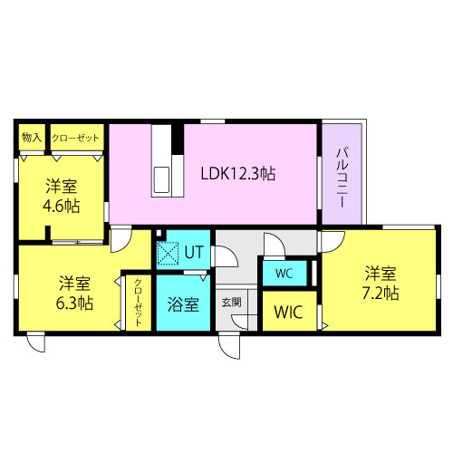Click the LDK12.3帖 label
click(238, 173)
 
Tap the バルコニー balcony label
click(342, 178)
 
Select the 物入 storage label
click(32, 138)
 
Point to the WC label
click(284, 274)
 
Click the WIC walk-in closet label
click(288, 312)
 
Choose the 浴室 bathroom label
click(183, 304)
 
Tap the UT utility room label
click(194, 252)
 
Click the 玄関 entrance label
click(231, 303)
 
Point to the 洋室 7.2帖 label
click(381, 283)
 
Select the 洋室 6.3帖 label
click(74, 293)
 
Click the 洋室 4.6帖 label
click(62, 196)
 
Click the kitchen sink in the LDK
click(161, 180)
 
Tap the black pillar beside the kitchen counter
click(178, 140)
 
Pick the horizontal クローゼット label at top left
click(75, 138)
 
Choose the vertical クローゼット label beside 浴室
click(138, 303)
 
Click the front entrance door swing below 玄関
click(229, 346)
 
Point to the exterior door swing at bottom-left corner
click(36, 342)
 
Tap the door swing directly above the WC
click(275, 245)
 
